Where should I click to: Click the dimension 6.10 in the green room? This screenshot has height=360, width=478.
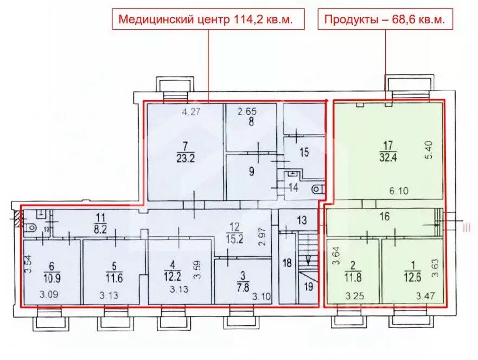tap(399, 191)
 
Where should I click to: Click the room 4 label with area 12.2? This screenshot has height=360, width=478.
tap(171, 270)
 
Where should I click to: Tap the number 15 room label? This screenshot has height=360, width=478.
tap(304, 153)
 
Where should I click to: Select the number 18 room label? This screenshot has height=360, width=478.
tap(288, 263)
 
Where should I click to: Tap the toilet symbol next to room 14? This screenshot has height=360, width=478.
tap(317, 190)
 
